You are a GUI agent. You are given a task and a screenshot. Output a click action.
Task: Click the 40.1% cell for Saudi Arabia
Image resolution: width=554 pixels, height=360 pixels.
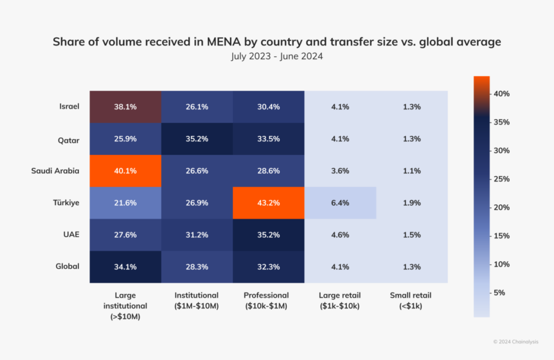[x=125, y=171]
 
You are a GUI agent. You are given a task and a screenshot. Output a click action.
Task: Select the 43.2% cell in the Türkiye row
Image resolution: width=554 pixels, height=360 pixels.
[x=269, y=203]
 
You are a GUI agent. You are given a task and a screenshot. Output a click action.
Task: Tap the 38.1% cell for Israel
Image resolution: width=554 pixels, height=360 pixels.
[x=125, y=106]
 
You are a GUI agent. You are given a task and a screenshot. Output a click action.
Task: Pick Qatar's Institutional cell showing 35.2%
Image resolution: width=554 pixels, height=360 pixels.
[x=197, y=139]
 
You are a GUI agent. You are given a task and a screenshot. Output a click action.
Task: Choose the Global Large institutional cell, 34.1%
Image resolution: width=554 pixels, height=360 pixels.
[x=125, y=266]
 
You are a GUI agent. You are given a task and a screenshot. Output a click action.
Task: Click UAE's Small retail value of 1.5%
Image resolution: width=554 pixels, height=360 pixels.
[x=412, y=235]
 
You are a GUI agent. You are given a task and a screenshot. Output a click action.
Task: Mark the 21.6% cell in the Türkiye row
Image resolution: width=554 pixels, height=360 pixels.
[x=125, y=203]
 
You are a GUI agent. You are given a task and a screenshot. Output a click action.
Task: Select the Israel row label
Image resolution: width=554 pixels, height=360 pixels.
[x=70, y=106]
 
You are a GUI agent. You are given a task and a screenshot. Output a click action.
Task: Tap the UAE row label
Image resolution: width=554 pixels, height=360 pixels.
[x=71, y=234]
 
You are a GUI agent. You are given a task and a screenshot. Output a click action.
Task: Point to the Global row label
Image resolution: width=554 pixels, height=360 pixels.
[x=68, y=266]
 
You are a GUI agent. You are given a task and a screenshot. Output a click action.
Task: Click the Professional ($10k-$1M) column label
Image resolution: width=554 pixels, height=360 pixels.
[x=269, y=301]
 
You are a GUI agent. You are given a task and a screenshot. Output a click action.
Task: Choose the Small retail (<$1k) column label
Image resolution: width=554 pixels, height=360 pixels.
[x=412, y=301]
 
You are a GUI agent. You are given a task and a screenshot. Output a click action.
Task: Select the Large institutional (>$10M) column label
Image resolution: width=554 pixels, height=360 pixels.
[x=125, y=306]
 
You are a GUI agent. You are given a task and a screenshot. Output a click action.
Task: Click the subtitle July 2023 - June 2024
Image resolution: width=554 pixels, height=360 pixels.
[x=276, y=56]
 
